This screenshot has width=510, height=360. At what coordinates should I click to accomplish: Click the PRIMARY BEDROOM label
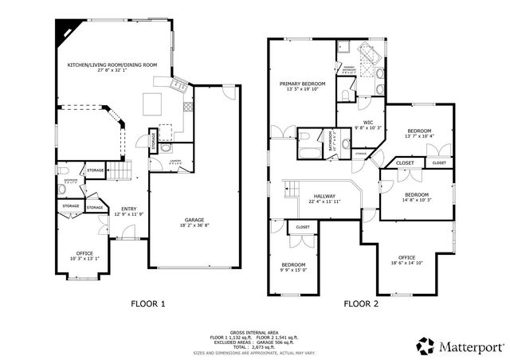[x=300, y=83]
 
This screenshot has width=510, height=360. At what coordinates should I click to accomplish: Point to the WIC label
[x=368, y=122]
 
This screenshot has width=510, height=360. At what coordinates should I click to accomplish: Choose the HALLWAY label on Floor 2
[x=324, y=196]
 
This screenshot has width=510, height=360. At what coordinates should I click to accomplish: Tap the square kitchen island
[x=152, y=101]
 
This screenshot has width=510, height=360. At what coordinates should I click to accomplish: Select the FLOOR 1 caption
[x=148, y=303]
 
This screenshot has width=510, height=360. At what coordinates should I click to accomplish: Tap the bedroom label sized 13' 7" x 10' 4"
[x=419, y=131]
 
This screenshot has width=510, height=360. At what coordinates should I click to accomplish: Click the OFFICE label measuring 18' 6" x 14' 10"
[x=406, y=257]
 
